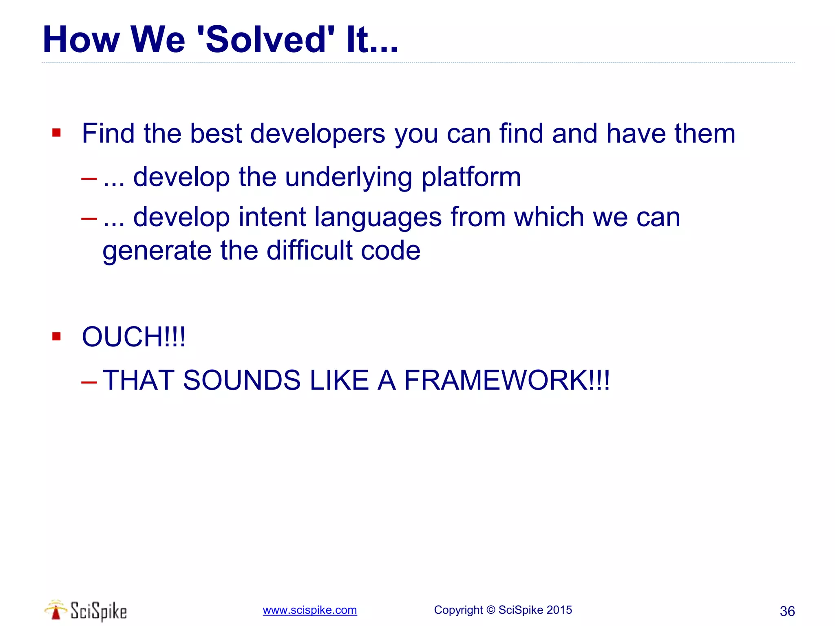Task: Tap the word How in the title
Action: pos(81,40)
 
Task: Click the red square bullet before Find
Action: pos(57,133)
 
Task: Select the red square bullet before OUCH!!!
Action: pos(57,336)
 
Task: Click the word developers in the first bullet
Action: pos(317,134)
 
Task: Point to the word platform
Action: pos(471,178)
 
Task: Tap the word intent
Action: pos(272,217)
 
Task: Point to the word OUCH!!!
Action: pos(134,337)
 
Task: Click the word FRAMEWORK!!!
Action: pos(506,380)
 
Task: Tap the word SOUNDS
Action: pos(241,380)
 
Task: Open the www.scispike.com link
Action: pos(309,610)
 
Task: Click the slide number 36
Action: pos(787,611)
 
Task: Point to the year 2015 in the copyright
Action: pos(559,610)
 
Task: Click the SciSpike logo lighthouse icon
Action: pos(56,610)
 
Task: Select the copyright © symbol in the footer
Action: pos(491,610)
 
